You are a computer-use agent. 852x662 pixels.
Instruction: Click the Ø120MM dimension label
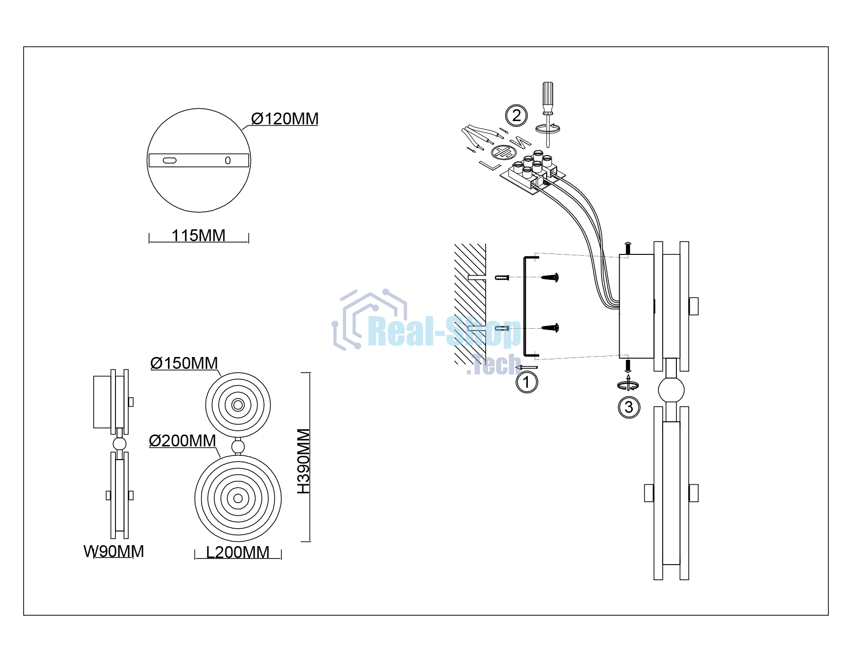[284, 119]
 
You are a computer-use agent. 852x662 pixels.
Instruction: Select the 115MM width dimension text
[198, 235]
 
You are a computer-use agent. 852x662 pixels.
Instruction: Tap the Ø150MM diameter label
[184, 363]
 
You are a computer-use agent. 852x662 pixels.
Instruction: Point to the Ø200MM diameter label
[183, 441]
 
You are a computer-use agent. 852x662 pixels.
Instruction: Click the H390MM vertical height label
[303, 461]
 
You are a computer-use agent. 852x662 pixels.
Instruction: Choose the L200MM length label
[238, 552]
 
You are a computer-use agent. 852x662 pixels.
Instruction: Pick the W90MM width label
[114, 551]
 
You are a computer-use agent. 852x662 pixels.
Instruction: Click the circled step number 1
[527, 382]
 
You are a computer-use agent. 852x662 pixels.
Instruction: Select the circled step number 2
[516, 115]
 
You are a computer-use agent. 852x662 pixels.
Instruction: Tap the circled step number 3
[629, 407]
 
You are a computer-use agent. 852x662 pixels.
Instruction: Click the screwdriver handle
[548, 96]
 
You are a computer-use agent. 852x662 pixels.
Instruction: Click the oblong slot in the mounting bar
[169, 160]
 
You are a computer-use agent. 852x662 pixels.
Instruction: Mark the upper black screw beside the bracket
[550, 277]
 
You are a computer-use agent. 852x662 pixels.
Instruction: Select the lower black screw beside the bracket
[550, 327]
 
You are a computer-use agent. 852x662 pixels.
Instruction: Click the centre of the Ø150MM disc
[238, 405]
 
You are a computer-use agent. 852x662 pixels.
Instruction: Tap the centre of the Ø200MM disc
[238, 498]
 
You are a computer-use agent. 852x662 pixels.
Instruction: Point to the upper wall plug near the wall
[502, 277]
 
